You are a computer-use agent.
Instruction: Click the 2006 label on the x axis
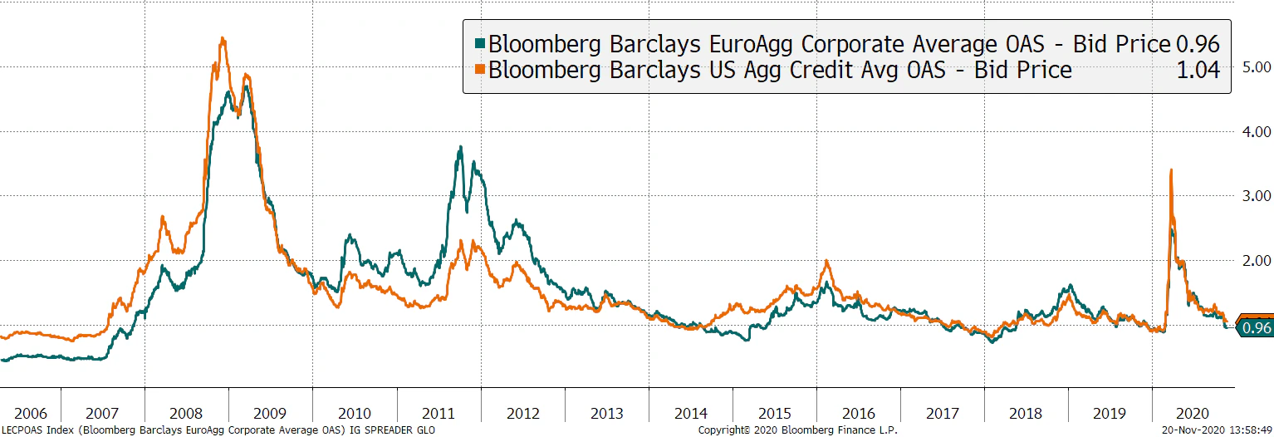point(31,413)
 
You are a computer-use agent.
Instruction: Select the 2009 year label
point(270,413)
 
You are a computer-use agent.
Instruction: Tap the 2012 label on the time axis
point(522,413)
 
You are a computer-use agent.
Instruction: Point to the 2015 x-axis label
point(774,413)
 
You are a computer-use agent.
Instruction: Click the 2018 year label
point(1027,413)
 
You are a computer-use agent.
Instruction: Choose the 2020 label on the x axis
point(1193,413)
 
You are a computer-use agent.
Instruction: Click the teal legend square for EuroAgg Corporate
point(480,43)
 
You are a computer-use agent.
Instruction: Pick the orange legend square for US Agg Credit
point(480,70)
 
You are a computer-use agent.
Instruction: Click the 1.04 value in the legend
point(1198,71)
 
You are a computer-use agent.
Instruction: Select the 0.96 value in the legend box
point(1198,44)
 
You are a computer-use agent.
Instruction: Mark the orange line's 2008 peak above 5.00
point(222,38)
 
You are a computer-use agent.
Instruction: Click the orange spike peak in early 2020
point(1170,170)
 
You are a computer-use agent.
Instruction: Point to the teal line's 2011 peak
point(460,148)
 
